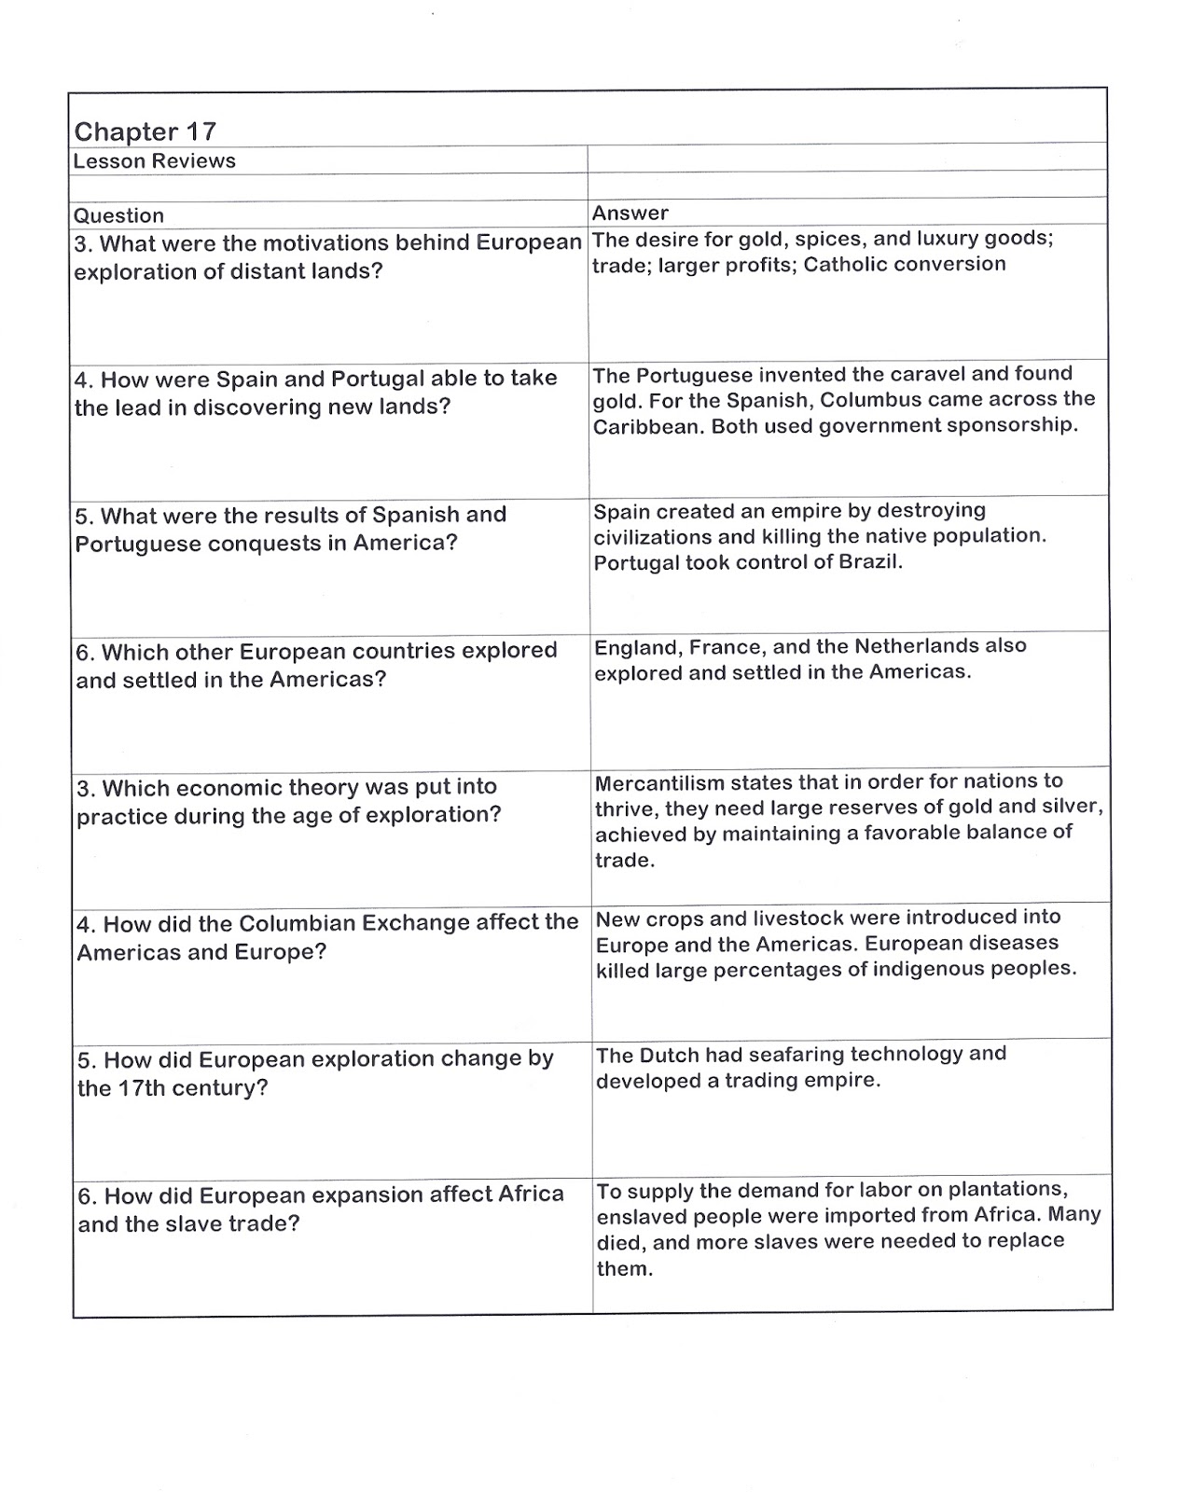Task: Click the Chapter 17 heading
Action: (145, 131)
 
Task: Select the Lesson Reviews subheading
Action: (154, 161)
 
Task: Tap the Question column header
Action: (118, 215)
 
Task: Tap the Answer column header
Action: (630, 213)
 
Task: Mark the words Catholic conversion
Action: (904, 265)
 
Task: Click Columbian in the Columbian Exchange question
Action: (297, 923)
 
